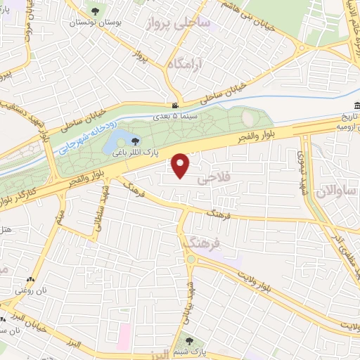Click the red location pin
(181, 165)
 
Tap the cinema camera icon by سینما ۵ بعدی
(175, 105)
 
